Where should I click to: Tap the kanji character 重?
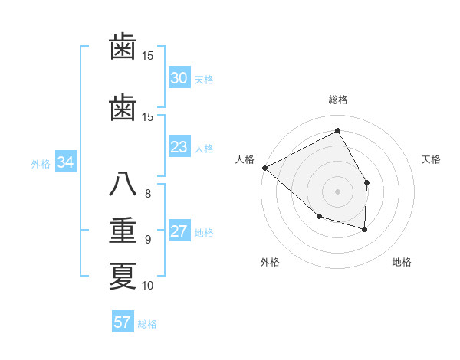[x=123, y=231]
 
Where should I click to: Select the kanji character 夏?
[x=123, y=276]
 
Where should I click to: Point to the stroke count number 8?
[x=147, y=193]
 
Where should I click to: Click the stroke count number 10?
[x=148, y=286]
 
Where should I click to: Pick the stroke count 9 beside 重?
[x=147, y=239]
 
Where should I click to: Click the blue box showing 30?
[x=179, y=78]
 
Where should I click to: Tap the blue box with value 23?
[x=179, y=147]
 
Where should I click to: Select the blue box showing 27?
[x=179, y=232]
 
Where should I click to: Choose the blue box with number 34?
[x=65, y=162]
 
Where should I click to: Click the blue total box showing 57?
[x=122, y=322]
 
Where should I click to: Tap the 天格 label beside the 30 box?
[x=204, y=79]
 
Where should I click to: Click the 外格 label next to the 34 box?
[x=41, y=163]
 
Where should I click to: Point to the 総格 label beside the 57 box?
[x=147, y=323]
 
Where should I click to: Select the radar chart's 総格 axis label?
[x=337, y=100]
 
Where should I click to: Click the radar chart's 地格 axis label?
[x=402, y=262]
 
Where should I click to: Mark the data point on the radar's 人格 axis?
[x=264, y=168]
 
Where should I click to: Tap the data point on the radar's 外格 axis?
[x=319, y=218]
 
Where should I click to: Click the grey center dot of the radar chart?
[x=337, y=191]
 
